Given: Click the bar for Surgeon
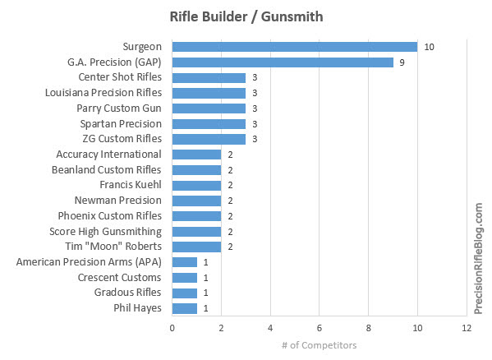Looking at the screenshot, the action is click(x=295, y=47).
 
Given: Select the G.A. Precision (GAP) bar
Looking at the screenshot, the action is click(x=283, y=62).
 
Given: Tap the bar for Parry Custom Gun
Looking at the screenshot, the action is click(x=209, y=108).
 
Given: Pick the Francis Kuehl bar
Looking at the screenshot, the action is click(x=196, y=185).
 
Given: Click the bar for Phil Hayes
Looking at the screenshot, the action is click(x=185, y=308).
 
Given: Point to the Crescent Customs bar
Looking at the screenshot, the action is click(x=185, y=278).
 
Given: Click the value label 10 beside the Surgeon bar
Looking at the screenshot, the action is click(x=429, y=47).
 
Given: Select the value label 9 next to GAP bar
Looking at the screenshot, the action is click(x=402, y=62).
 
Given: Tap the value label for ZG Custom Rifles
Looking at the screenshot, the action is click(x=255, y=139).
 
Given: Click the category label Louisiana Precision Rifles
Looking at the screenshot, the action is click(x=103, y=93).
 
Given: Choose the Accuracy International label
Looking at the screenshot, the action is click(x=109, y=155).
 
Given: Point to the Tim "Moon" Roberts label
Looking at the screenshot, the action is click(x=113, y=247).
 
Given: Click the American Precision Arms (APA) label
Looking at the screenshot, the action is click(x=89, y=262).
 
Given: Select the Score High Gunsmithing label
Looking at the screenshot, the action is click(x=106, y=232).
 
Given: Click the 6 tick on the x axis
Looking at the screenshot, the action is click(x=320, y=328).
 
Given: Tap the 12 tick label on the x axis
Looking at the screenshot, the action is click(x=467, y=328).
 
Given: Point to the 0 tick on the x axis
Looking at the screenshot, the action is click(x=172, y=328).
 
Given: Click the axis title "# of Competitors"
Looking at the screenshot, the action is click(x=320, y=345).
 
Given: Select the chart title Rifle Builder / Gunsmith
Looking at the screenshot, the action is click(x=246, y=16).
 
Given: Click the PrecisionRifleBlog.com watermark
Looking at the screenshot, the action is click(x=479, y=259).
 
